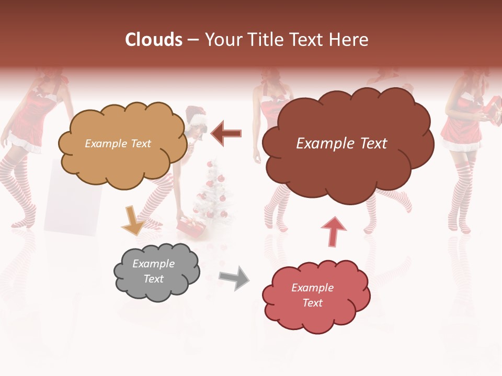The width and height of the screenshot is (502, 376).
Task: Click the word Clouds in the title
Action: (x=154, y=40)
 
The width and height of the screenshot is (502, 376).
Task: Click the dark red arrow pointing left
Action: (x=226, y=133)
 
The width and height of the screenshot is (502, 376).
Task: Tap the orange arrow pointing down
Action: (x=133, y=220)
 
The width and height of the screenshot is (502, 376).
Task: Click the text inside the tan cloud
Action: (x=118, y=144)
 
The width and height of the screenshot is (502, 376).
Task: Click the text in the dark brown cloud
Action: (x=341, y=144)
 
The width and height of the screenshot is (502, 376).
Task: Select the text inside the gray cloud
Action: (x=153, y=271)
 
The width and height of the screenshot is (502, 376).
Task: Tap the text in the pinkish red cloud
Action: (x=312, y=295)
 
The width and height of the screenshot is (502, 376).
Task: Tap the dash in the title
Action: (x=192, y=40)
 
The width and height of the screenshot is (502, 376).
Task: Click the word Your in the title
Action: (x=223, y=40)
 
